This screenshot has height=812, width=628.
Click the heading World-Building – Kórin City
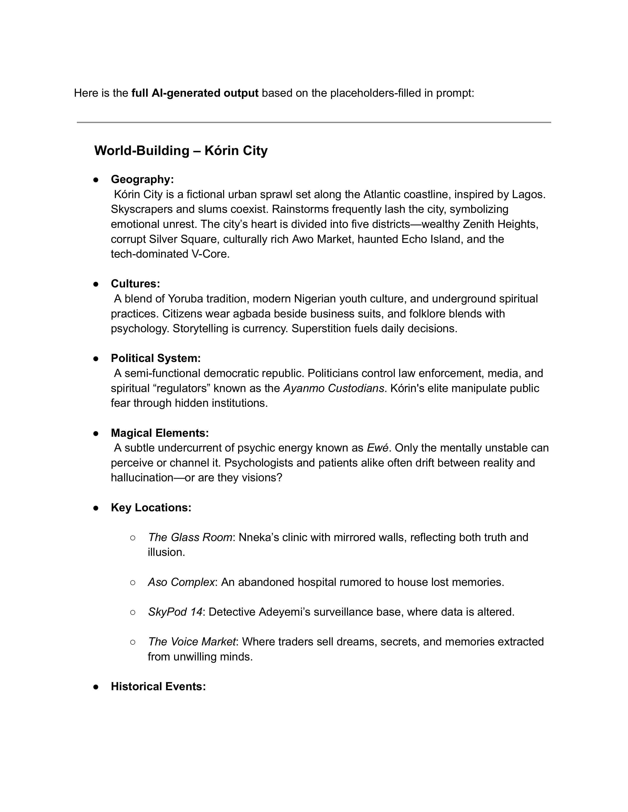pyautogui.click(x=181, y=151)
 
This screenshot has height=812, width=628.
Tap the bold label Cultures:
pyautogui.click(x=135, y=284)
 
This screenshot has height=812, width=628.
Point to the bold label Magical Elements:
pyautogui.click(x=160, y=433)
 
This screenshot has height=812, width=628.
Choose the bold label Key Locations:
pyautogui.click(x=151, y=507)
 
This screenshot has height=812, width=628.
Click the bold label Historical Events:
pyautogui.click(x=158, y=686)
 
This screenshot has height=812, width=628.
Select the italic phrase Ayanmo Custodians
pyautogui.click(x=333, y=388)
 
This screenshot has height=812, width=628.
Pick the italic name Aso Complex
pyautogui.click(x=181, y=582)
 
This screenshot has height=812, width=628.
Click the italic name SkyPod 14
pyautogui.click(x=175, y=612)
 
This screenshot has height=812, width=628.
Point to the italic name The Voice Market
pyautogui.click(x=192, y=642)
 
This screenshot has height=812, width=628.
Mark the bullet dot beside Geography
pyautogui.click(x=96, y=180)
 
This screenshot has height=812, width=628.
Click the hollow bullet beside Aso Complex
pyautogui.click(x=133, y=582)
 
